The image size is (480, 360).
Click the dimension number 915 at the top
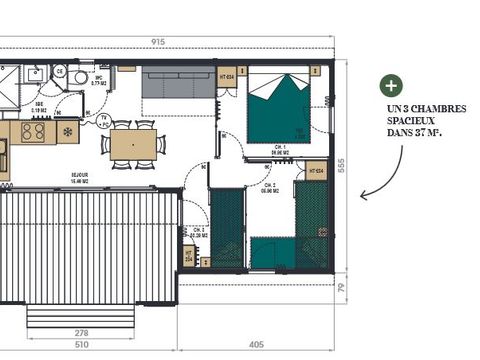click(x=159, y=41)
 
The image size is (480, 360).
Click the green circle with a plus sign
click(x=390, y=85)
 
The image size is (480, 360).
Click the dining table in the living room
click(x=133, y=145)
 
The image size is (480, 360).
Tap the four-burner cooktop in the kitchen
click(x=33, y=132)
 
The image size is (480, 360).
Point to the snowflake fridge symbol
click(x=68, y=132)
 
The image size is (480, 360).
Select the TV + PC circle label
click(x=103, y=120)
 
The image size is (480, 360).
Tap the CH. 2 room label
click(x=270, y=186)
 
